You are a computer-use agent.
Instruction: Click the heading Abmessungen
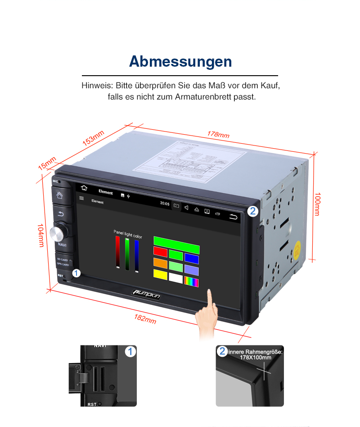point(180,61)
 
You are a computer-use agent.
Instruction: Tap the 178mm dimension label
point(218,134)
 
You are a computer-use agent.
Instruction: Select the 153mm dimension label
point(94,137)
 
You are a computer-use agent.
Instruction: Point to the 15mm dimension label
point(47,163)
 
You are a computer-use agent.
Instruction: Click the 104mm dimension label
point(40,235)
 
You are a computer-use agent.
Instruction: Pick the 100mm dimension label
point(317,204)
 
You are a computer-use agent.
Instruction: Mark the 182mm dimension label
point(145,318)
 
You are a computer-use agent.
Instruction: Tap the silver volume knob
point(58,233)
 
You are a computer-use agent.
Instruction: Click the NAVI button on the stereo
point(62,245)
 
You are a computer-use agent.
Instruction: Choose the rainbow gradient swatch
point(191,282)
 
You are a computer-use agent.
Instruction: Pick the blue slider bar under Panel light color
point(137,255)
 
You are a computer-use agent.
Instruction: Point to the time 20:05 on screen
point(165,204)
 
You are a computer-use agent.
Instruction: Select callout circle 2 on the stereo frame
point(252,210)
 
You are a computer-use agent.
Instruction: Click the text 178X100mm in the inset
point(255,358)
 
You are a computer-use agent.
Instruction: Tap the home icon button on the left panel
point(59,195)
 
